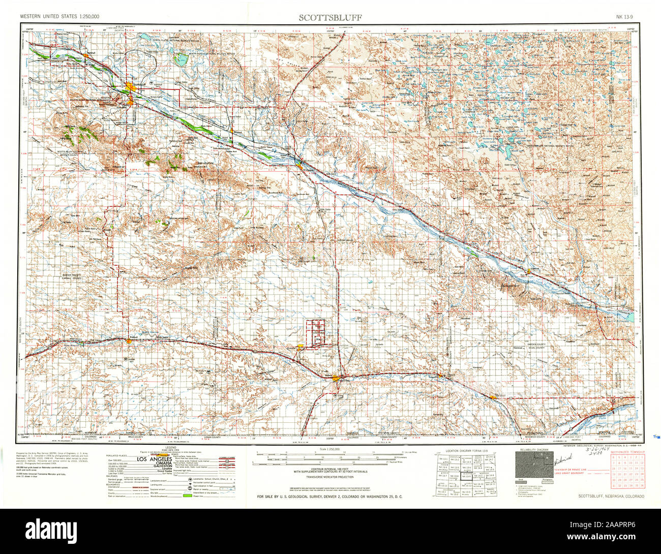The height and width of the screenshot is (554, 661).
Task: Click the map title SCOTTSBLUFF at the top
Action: click(x=330, y=17)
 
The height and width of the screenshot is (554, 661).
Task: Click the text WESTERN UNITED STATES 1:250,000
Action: click(x=59, y=17)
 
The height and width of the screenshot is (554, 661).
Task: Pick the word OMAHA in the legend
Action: click(x=153, y=465)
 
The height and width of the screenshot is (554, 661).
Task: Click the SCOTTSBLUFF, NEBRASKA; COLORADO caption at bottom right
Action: click(x=611, y=496)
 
